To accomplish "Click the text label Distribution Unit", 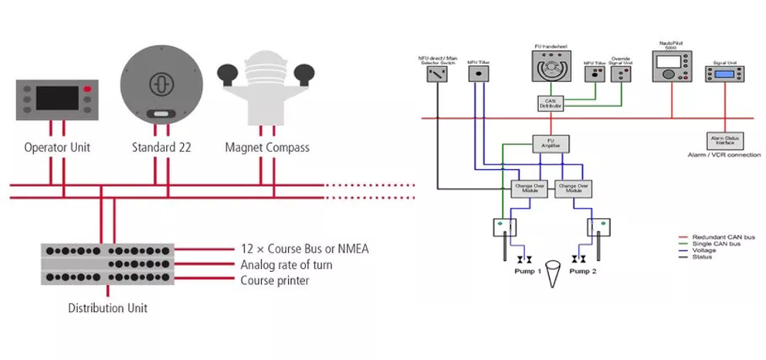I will point(108,308).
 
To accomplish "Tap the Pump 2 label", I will point(585,272).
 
